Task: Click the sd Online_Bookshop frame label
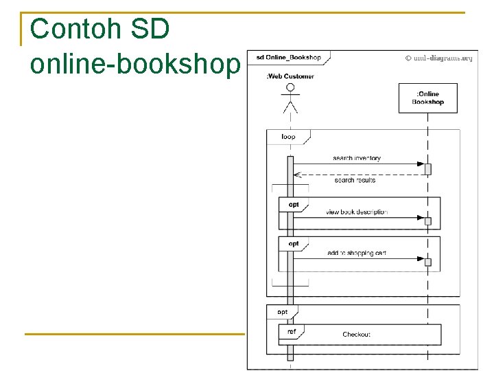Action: tap(288, 57)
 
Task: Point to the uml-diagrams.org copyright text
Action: tap(438, 58)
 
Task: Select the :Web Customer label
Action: tap(290, 76)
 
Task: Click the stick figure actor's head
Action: tap(290, 88)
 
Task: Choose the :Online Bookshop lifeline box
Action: tap(428, 98)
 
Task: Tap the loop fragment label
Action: tap(288, 137)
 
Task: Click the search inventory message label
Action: tap(357, 158)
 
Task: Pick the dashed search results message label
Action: tap(355, 180)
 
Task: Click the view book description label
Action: tap(357, 212)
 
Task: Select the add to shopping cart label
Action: tap(357, 253)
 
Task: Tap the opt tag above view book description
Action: tap(294, 205)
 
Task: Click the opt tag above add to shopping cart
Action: tap(294, 244)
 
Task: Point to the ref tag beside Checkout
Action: tap(292, 331)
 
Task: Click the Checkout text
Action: tap(357, 335)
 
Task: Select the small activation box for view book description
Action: tap(428, 221)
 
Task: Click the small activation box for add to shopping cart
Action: tap(428, 262)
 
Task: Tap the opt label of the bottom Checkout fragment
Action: tap(282, 312)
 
